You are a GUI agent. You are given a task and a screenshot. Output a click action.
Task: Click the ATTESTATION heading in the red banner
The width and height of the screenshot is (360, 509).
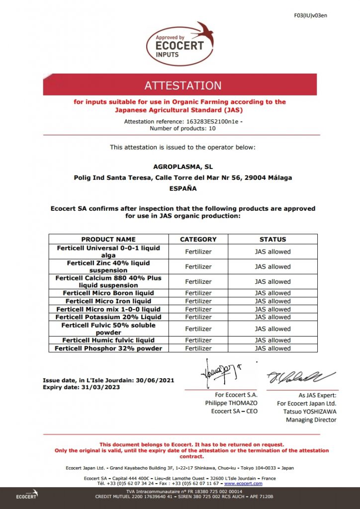click(183, 85)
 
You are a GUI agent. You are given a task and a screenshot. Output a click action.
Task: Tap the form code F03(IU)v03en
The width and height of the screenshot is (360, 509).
click(310, 15)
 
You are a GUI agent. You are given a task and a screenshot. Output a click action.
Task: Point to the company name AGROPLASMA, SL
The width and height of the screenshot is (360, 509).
click(183, 167)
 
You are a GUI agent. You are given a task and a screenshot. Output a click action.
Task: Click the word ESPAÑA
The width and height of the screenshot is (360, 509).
click(183, 188)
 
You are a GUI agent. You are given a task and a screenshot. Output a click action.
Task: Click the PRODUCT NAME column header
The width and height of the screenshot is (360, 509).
click(108, 239)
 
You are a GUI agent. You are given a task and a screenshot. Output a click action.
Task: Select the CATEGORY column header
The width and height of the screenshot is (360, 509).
click(198, 239)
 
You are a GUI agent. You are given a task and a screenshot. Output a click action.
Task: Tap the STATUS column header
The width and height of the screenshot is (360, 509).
click(273, 239)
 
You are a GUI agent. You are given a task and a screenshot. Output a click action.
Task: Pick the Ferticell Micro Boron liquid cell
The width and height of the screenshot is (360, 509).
click(108, 293)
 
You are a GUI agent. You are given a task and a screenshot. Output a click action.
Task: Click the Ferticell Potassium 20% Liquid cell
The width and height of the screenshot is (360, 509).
click(108, 317)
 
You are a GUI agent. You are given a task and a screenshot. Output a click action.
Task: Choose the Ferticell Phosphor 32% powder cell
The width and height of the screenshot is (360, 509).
click(108, 348)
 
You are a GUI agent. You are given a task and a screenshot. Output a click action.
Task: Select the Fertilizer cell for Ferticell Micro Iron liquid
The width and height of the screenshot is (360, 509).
click(198, 301)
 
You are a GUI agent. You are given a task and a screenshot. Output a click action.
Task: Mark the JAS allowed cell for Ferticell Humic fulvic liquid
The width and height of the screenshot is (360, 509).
click(273, 340)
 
